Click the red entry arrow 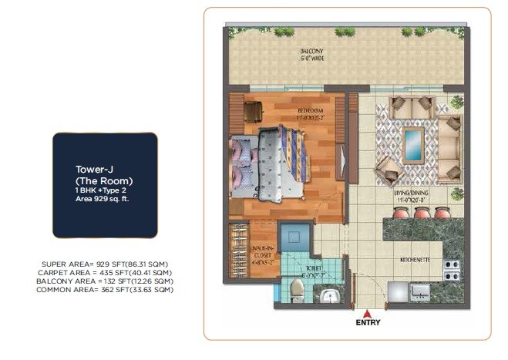coord(368,314)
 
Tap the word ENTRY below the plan coord(368,324)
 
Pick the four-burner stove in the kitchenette coord(452,269)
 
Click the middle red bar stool coord(420,212)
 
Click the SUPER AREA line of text coord(106,264)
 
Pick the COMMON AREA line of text coord(106,289)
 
